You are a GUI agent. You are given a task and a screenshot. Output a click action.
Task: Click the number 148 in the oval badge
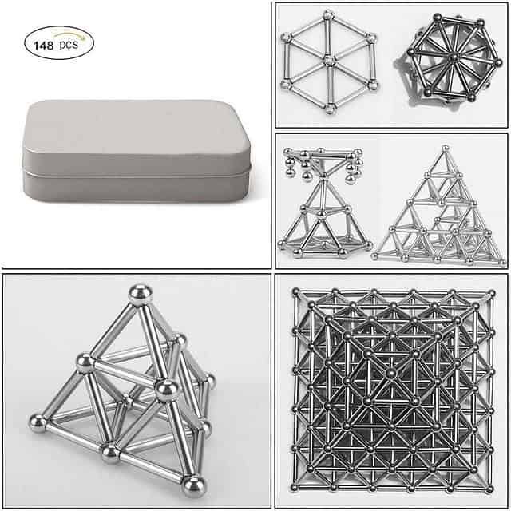43,46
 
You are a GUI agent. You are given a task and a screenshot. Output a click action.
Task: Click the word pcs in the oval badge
69,44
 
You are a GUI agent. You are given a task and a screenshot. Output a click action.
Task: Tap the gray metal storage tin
137,151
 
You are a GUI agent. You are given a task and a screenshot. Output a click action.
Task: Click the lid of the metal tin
137,137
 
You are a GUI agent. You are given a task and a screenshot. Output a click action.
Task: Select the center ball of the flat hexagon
329,61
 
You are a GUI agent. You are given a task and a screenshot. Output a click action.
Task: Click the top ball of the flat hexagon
328,15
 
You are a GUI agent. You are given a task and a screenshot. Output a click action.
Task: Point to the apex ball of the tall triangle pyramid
446,149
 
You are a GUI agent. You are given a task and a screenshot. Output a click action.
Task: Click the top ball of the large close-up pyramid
141,295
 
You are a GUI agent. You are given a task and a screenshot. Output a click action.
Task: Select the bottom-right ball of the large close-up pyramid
193,486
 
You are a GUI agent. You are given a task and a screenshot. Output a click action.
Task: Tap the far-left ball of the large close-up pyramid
38,423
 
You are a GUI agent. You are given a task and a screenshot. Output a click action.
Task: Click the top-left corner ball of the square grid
296,292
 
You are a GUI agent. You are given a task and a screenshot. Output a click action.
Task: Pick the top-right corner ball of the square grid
492,294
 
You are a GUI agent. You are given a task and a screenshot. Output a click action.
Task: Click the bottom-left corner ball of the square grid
295,488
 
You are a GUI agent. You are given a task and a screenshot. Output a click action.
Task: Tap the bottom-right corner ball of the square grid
489,489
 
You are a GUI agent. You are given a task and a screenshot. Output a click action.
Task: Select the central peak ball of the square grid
391,373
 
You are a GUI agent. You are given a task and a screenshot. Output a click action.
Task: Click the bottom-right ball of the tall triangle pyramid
504,263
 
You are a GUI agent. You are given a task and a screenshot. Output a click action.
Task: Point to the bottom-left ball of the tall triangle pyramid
375,256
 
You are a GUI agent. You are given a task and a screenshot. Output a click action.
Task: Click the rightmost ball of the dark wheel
498,62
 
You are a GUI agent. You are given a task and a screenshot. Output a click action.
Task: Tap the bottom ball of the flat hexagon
330,108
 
